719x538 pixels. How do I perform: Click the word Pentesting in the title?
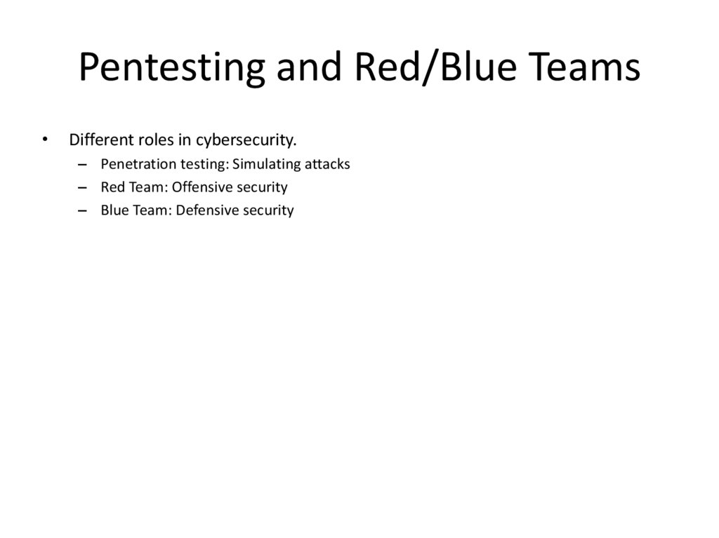(x=171, y=69)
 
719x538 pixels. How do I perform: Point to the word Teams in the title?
(x=585, y=69)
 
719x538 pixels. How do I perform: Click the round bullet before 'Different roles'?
(x=46, y=139)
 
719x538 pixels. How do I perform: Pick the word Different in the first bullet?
(x=97, y=140)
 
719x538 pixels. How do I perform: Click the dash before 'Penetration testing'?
(x=84, y=165)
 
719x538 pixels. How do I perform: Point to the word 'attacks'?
(x=327, y=165)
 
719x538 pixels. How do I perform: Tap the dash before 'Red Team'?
(x=84, y=188)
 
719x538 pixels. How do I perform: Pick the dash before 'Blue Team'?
(x=84, y=210)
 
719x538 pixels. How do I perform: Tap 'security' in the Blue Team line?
(x=268, y=210)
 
